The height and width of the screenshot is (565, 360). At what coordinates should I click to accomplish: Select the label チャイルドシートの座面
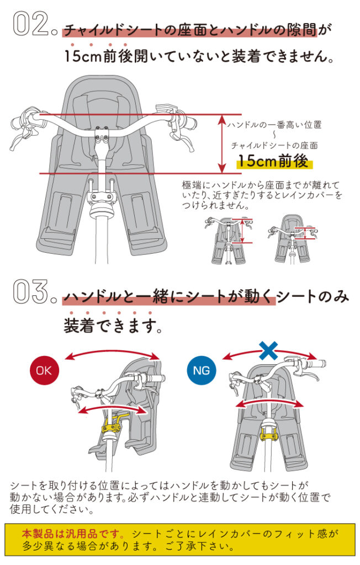(x=274, y=146)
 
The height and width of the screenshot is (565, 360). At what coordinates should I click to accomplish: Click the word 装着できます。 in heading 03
(x=113, y=326)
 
